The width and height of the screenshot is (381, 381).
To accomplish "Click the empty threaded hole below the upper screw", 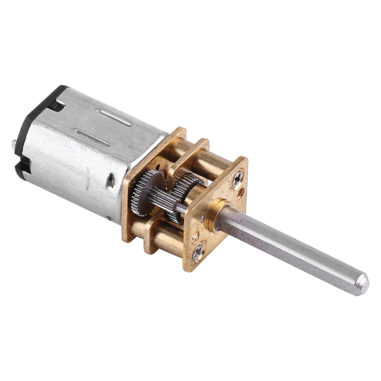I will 241,193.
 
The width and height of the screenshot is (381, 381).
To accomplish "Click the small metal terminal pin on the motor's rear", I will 14,143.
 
